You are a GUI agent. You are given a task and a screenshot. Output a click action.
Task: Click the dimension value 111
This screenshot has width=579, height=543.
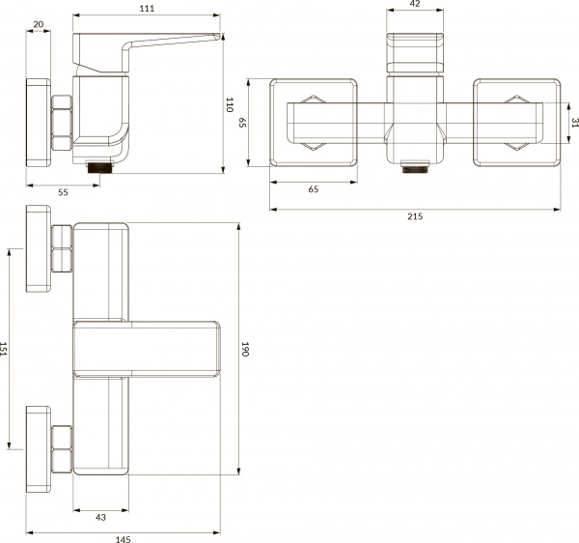coord(147,9)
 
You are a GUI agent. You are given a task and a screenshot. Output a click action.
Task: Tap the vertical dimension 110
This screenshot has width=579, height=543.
coord(230,105)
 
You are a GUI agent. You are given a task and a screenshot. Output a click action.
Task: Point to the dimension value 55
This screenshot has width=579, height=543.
coord(63,193)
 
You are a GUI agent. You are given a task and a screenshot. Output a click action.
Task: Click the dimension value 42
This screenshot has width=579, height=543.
coord(416,4)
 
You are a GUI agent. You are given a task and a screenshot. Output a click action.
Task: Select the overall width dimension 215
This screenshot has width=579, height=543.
coord(415,216)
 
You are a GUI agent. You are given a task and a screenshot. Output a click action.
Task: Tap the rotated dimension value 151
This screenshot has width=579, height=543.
coord(6,348)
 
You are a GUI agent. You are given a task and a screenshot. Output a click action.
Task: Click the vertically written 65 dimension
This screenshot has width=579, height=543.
coord(243,122)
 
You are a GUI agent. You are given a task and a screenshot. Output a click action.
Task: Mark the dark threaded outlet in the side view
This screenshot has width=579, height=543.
coord(100,166)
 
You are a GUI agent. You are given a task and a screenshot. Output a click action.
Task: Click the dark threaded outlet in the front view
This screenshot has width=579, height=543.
coord(416,166)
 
